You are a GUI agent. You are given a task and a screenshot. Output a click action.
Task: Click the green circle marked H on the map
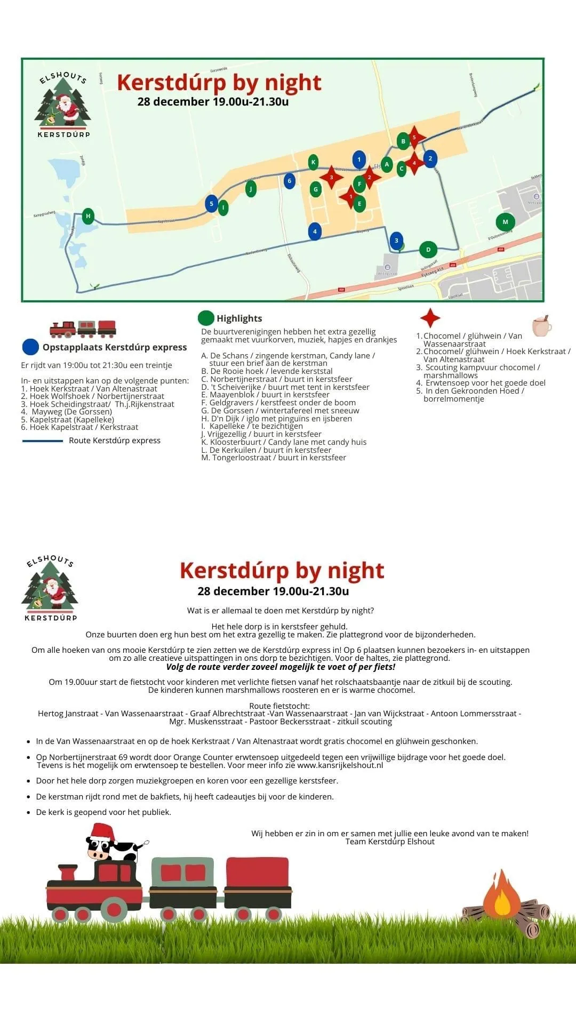[x=89, y=216]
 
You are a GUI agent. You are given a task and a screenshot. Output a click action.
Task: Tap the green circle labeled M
[x=505, y=222]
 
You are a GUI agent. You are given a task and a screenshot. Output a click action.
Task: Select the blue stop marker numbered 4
[x=315, y=231]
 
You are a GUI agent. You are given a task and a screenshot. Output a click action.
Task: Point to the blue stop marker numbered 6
[x=289, y=181]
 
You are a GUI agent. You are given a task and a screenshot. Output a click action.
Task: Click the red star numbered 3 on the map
[x=331, y=177]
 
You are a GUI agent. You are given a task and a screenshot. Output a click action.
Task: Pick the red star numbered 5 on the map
[x=414, y=137]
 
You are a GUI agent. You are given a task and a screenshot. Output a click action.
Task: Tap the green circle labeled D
[x=428, y=249]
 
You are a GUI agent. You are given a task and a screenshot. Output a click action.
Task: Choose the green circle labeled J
[x=251, y=188]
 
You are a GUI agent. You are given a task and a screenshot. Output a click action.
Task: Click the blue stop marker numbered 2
[x=430, y=158]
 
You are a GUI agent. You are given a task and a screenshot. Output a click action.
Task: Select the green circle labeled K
[x=314, y=162]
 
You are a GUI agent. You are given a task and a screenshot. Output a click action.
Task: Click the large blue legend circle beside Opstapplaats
[x=31, y=347]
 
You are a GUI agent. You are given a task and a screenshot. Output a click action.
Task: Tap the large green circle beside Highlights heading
[x=206, y=318]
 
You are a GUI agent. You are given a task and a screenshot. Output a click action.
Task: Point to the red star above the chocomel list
[x=430, y=318]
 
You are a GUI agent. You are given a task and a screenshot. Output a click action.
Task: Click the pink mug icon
[x=541, y=326]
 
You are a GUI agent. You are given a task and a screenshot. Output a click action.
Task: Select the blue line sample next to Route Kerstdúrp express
[x=43, y=441]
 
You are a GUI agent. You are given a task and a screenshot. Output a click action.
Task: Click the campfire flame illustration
[x=502, y=897]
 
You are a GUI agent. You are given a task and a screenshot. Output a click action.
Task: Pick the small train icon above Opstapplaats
[x=83, y=329]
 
